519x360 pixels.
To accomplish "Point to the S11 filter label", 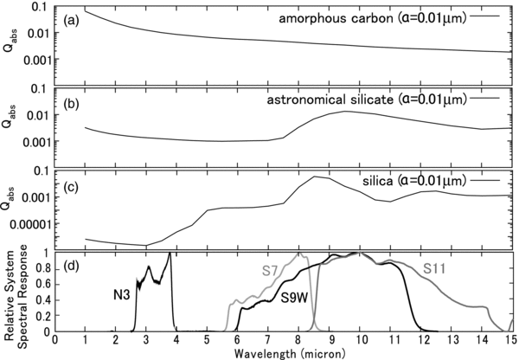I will click(434, 268).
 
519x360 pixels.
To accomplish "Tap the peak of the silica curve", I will click(315, 177).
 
